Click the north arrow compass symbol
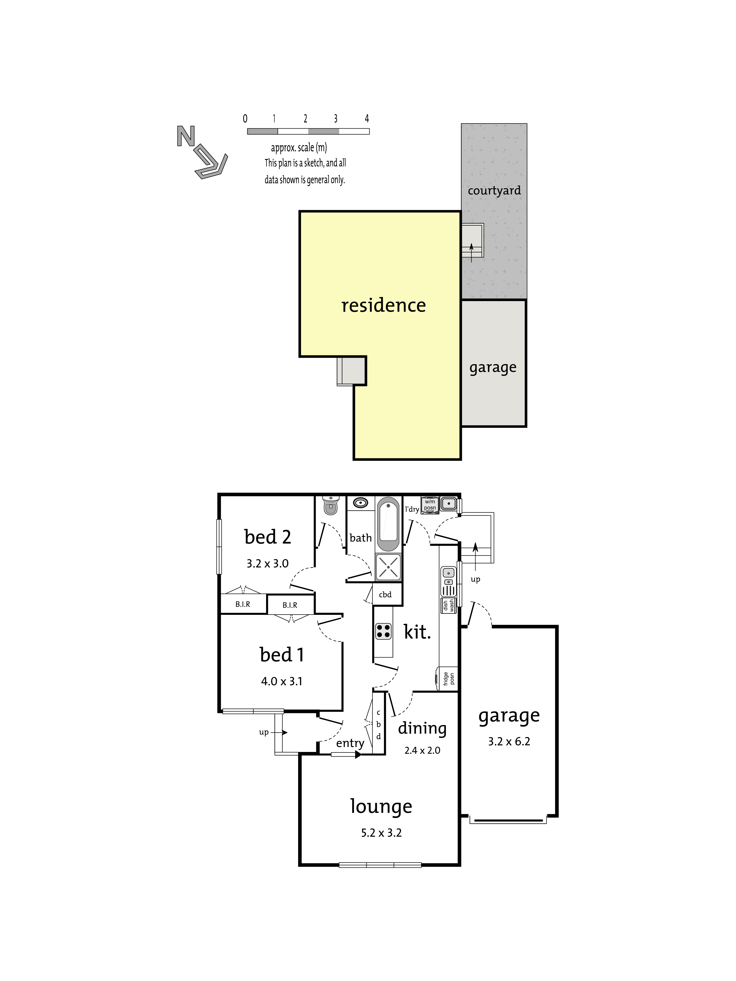tap(202, 152)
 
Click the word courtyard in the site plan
tap(494, 191)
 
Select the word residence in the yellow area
tap(383, 305)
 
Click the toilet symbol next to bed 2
tap(330, 505)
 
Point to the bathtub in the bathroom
tap(389, 524)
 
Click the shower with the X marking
tap(388, 567)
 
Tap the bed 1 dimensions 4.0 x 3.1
tap(282, 682)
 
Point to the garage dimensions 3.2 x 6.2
tap(509, 742)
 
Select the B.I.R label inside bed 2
tap(243, 604)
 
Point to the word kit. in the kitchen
tap(417, 632)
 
